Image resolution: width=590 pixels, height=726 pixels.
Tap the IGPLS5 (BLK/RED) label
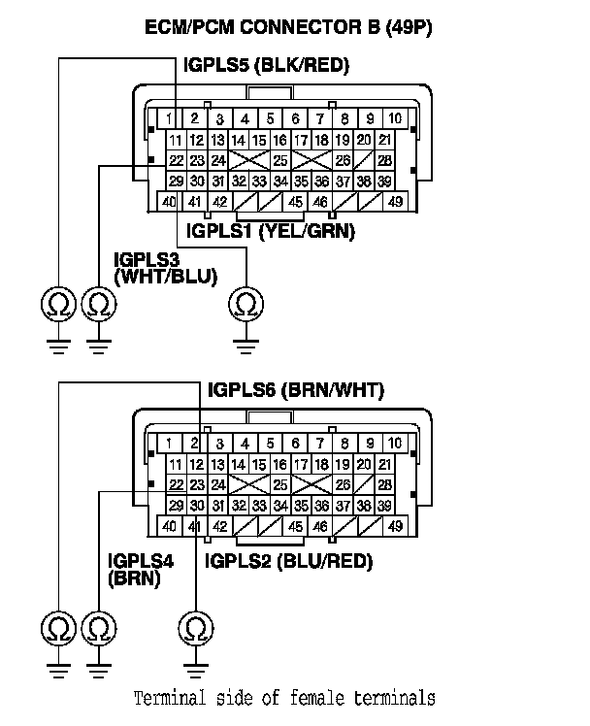coord(266,65)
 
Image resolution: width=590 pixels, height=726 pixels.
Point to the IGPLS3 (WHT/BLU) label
coord(156,268)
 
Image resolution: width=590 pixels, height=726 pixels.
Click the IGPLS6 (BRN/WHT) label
coord(296,391)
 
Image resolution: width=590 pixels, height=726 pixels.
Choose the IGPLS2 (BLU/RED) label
coord(288,561)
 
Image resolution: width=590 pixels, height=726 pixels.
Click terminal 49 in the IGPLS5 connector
coord(395,202)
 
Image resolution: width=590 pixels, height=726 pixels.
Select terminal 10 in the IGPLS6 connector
coord(395,445)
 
